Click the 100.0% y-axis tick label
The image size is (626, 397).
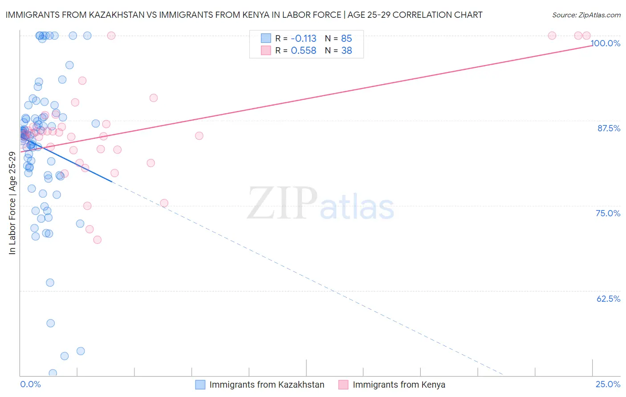606,43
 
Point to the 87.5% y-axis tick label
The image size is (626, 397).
609,128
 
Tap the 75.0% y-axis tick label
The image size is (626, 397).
608,213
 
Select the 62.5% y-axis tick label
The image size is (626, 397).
608,299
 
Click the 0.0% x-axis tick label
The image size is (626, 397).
30,385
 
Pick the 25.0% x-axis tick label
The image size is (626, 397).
608,385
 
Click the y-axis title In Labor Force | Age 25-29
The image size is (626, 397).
12,203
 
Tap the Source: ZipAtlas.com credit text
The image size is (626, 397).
586,15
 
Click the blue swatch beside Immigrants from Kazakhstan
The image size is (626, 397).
200,385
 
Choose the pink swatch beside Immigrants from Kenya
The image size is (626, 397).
343,385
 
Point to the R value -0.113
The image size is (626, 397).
303,39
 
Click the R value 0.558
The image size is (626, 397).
303,51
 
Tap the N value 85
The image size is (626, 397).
346,39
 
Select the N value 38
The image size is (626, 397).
346,51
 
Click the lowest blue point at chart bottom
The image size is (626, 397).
53,373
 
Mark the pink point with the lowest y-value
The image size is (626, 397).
97,240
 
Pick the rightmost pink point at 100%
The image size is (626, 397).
586,36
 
